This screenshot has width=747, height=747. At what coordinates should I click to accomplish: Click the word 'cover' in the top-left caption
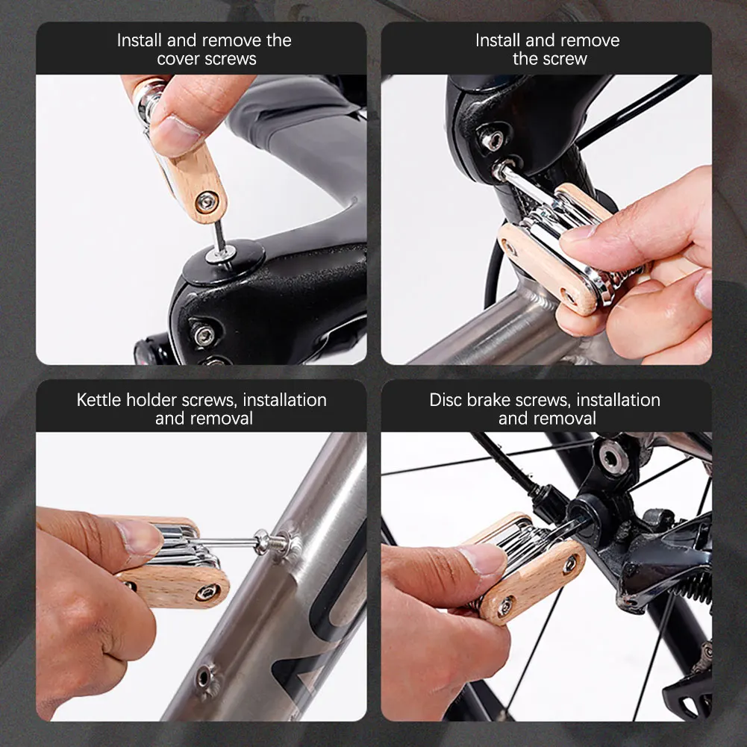[x=178, y=59]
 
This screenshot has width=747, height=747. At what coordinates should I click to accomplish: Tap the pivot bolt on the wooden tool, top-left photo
[x=207, y=201]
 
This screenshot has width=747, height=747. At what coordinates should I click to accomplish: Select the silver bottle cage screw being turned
[x=275, y=542]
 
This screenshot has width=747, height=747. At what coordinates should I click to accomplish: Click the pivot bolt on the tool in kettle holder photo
[x=207, y=593]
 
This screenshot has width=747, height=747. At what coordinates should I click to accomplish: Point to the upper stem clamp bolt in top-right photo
[x=492, y=140]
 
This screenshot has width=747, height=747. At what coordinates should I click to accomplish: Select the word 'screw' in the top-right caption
[x=565, y=59]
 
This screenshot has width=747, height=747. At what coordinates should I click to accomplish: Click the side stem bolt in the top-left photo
[x=204, y=335]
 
